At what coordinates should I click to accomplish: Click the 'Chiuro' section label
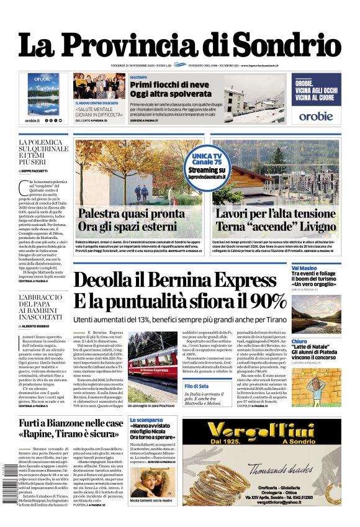pos(299,341)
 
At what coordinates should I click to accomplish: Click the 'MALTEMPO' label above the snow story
pos(138,76)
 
